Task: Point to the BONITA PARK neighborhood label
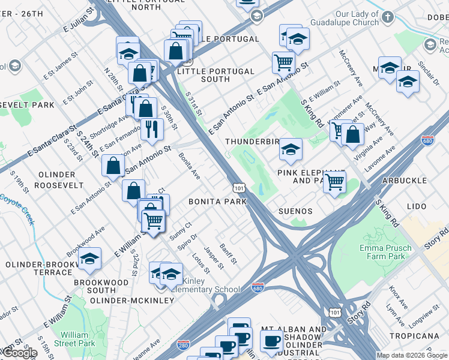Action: (x=217, y=202)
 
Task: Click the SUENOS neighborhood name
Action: (x=295, y=211)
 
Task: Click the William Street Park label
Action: (x=78, y=339)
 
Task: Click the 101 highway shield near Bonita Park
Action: (x=239, y=188)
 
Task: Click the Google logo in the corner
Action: (x=19, y=353)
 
